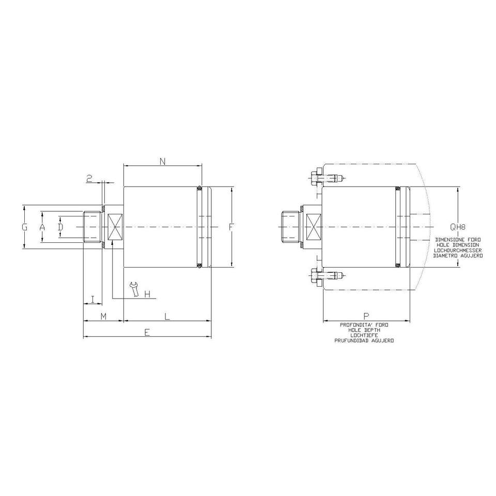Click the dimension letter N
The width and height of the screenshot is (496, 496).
(163, 162)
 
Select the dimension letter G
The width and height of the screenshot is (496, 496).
(25, 227)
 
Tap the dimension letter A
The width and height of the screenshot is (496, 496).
(42, 227)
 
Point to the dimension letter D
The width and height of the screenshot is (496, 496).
(60, 227)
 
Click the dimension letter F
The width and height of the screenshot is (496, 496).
(231, 227)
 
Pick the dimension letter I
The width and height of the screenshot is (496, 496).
(92, 299)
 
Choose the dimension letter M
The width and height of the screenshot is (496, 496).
(103, 316)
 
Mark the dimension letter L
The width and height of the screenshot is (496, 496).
(167, 316)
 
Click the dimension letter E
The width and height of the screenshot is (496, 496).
(146, 332)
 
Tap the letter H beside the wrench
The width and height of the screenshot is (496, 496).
(147, 294)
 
